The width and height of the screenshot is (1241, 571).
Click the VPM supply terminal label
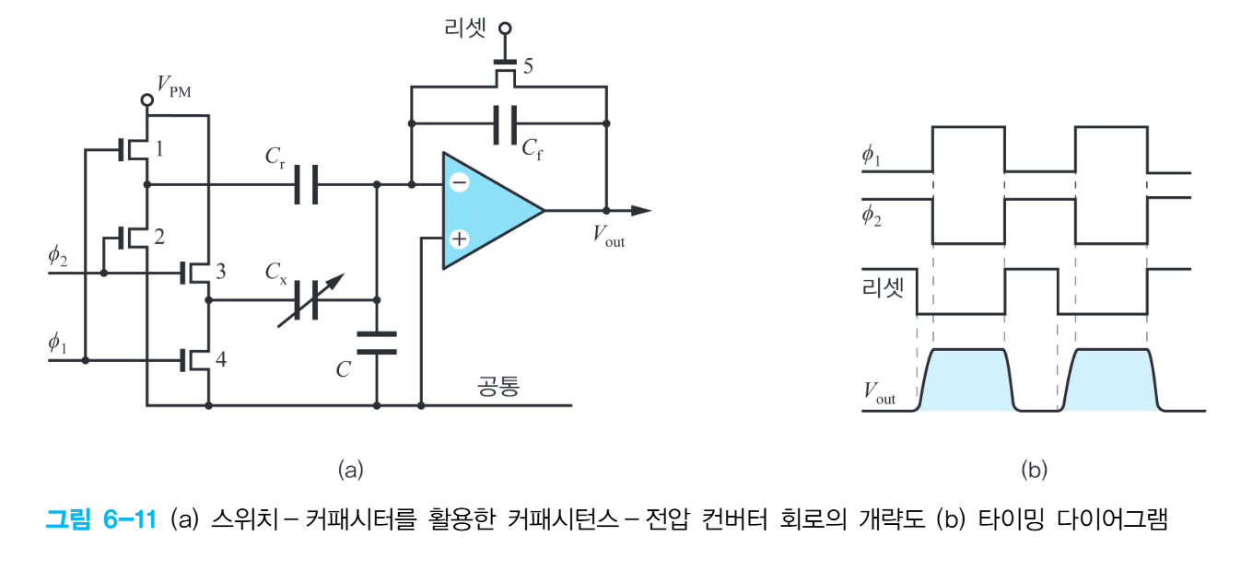(x=175, y=87)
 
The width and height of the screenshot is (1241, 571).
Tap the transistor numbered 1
(x=134, y=148)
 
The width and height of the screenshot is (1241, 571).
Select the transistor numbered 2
(x=134, y=238)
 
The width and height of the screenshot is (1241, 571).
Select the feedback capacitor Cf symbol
(x=505, y=125)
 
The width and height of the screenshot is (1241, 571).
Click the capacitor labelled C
(x=376, y=343)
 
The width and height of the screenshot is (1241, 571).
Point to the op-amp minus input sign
(x=458, y=182)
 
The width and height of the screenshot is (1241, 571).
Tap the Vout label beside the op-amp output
(x=608, y=237)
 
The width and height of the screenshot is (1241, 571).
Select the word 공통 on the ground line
(x=498, y=386)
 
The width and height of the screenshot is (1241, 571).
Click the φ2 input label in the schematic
(x=58, y=256)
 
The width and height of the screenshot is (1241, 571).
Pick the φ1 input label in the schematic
(x=58, y=344)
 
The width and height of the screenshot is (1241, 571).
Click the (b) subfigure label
(x=1034, y=470)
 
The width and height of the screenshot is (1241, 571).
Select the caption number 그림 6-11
(x=103, y=520)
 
